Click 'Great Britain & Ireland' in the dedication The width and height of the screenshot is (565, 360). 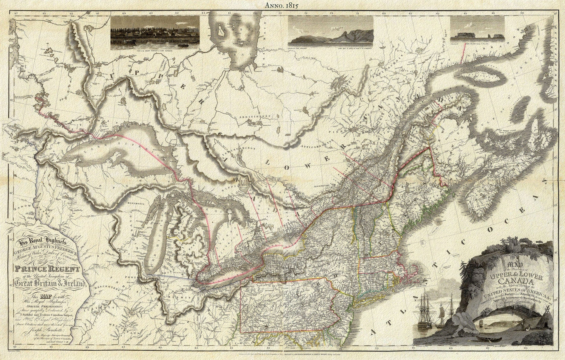(x=48, y=283)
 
